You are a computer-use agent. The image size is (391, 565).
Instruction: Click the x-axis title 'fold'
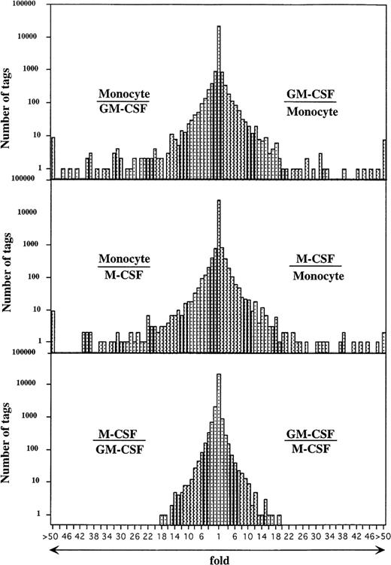(218, 557)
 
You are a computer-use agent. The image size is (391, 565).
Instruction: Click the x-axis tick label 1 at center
(218, 538)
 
